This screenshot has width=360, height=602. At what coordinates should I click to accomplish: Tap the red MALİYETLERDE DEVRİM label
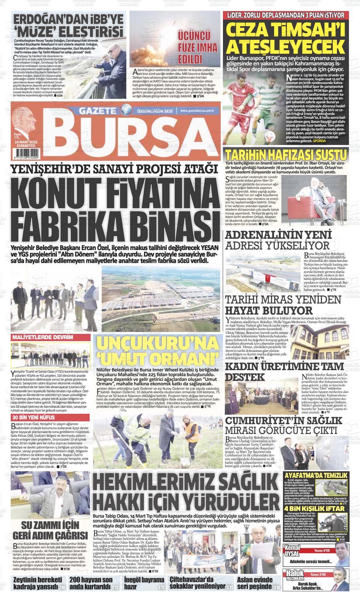pyautogui.click(x=42, y=337)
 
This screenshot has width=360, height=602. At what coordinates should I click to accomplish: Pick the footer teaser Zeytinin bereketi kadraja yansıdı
pyautogui.click(x=36, y=584)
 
